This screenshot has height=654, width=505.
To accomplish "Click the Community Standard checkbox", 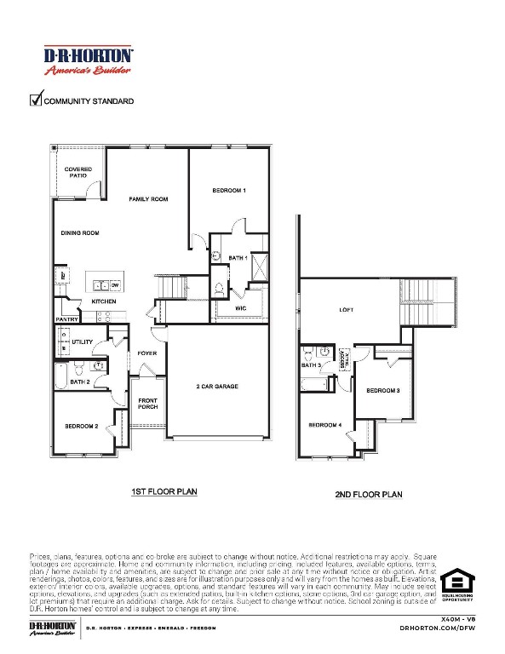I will [36, 100].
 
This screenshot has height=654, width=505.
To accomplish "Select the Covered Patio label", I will [78, 172].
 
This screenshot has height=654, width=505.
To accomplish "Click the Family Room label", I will [148, 199].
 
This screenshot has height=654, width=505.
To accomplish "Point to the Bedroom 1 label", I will [229, 191].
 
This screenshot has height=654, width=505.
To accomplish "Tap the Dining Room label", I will [80, 232].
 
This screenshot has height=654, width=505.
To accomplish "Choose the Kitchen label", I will [104, 302].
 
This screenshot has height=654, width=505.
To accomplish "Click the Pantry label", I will [66, 320].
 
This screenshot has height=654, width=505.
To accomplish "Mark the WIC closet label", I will [241, 307].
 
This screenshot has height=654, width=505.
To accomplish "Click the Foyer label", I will [147, 353].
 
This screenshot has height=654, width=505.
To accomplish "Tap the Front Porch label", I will [148, 404].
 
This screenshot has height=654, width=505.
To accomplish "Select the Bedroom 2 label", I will [83, 426].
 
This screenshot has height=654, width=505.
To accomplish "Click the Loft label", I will [346, 310].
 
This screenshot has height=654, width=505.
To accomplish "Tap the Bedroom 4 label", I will [324, 425].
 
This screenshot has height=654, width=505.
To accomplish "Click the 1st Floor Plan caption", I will [164, 492].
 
